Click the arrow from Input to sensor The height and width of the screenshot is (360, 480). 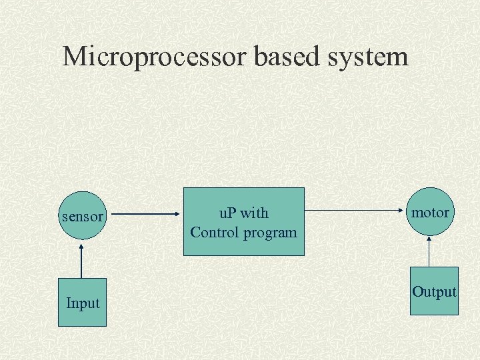82,260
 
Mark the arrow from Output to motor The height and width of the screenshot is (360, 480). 430,252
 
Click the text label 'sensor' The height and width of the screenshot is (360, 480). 82,217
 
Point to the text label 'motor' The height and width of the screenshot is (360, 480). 430,213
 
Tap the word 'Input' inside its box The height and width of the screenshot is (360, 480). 83,303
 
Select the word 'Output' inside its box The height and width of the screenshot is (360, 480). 434,292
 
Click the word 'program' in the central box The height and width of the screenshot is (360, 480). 271,233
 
